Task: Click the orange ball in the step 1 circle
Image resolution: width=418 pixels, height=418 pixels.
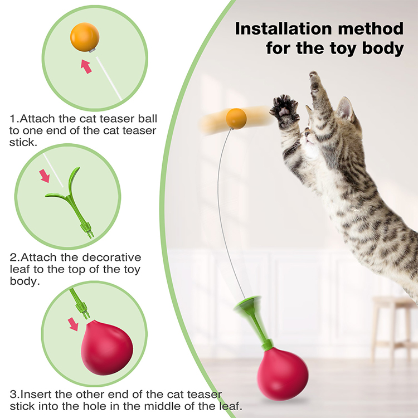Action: (85, 37)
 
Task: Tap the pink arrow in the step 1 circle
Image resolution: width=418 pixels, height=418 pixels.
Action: (86, 66)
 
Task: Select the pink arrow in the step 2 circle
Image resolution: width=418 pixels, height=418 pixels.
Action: (45, 176)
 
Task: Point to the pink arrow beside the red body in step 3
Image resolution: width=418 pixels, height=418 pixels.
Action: (73, 324)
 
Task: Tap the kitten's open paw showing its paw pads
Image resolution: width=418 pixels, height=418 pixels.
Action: (285, 109)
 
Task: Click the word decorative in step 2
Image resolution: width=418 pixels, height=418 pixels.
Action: (111, 257)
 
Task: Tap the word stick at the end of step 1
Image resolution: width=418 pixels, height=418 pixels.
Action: (22, 142)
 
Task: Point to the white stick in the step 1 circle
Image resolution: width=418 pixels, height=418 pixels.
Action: (109, 78)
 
